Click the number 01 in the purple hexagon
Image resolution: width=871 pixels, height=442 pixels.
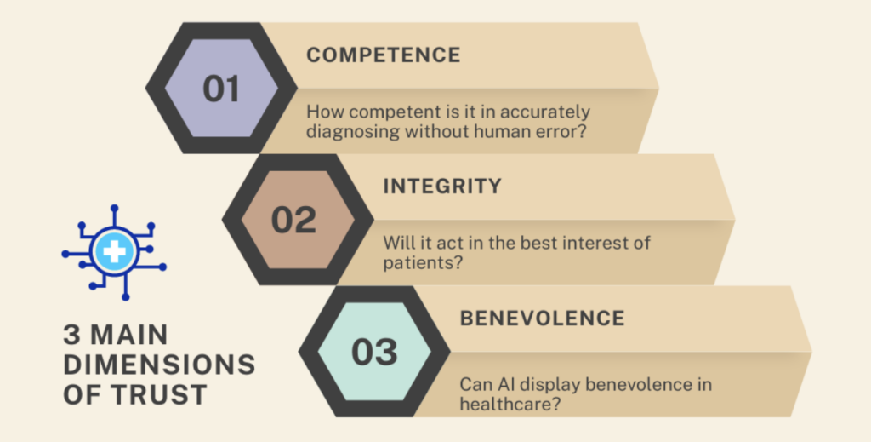[x=221, y=89]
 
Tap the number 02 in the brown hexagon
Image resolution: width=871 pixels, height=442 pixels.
[x=293, y=220]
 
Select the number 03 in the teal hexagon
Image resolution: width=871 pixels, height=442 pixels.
[x=374, y=352]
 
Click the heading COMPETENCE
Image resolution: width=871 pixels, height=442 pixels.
[x=383, y=55]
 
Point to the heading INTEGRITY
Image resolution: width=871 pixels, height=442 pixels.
[x=441, y=186]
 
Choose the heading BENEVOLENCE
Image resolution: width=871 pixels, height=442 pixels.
[x=542, y=319]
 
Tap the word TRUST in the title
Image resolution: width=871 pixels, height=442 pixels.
[x=162, y=394]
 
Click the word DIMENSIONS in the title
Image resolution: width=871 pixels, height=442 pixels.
[x=159, y=365]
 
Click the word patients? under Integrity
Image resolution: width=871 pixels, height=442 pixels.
[x=423, y=263]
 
